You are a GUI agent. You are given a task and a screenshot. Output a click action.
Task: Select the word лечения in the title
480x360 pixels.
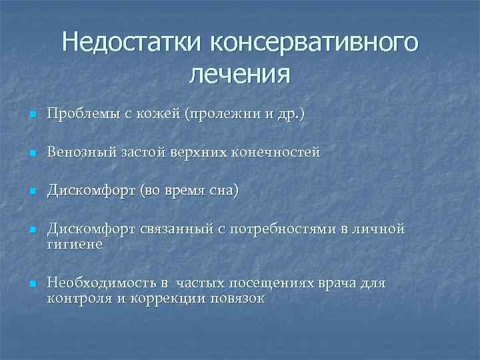(x=240, y=73)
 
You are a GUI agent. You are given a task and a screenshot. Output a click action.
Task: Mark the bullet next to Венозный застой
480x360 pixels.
(x=31, y=153)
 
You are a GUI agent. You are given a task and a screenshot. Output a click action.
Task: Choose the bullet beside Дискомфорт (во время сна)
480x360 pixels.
(x=31, y=192)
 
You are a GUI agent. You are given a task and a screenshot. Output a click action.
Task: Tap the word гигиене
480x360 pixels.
(x=75, y=245)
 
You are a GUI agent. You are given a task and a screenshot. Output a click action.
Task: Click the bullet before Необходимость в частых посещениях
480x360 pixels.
(x=31, y=284)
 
